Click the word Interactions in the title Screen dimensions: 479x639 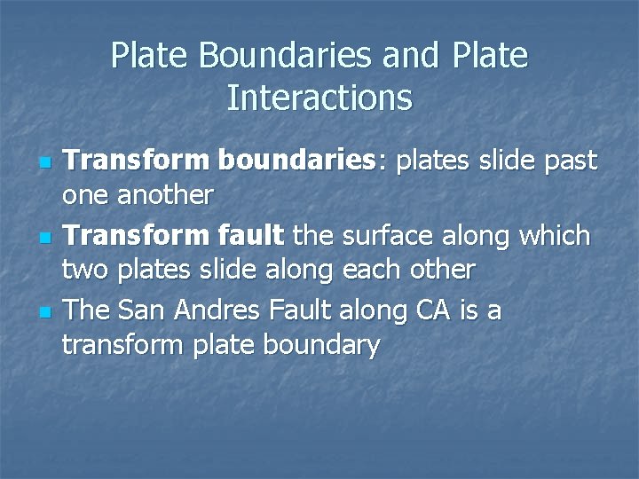319,98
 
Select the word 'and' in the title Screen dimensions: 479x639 411,56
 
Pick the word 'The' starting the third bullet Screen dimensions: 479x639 87,311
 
